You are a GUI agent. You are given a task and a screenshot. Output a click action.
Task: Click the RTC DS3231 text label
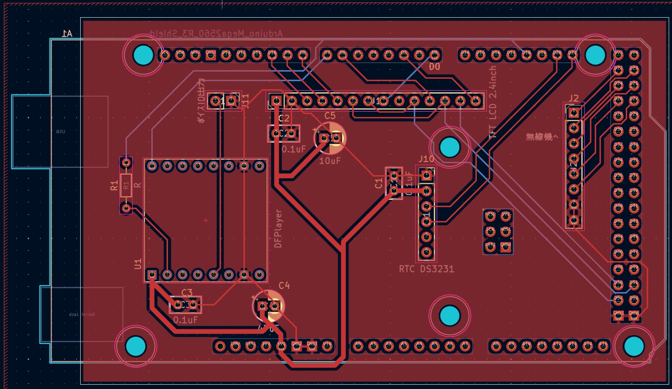(426, 269)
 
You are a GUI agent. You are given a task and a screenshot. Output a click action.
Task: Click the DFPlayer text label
(279, 229)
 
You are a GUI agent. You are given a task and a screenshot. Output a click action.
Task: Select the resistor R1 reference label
(114, 186)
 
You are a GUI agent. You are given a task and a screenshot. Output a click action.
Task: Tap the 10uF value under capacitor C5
(330, 161)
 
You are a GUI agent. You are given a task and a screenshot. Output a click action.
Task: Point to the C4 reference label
(284, 285)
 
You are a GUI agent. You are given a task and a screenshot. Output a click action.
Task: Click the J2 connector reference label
(574, 98)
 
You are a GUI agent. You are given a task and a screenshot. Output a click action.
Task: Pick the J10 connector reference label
(426, 158)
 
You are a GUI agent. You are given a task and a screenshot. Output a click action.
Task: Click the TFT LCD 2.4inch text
(493, 102)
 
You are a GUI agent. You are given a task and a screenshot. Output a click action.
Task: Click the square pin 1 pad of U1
(152, 274)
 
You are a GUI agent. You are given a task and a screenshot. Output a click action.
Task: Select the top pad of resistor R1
(126, 163)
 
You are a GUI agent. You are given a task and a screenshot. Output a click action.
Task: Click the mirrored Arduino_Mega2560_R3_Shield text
(216, 33)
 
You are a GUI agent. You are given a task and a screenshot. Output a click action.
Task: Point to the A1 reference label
(67, 33)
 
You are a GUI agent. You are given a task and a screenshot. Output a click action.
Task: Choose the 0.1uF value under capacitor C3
(186, 320)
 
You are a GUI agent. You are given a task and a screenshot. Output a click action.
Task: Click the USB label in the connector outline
(60, 131)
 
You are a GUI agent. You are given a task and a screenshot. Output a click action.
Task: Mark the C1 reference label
(379, 184)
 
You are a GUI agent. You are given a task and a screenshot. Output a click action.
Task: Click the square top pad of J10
(427, 176)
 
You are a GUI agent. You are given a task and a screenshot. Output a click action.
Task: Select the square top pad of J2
(574, 113)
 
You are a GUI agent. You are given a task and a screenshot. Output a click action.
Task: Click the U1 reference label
(138, 263)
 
